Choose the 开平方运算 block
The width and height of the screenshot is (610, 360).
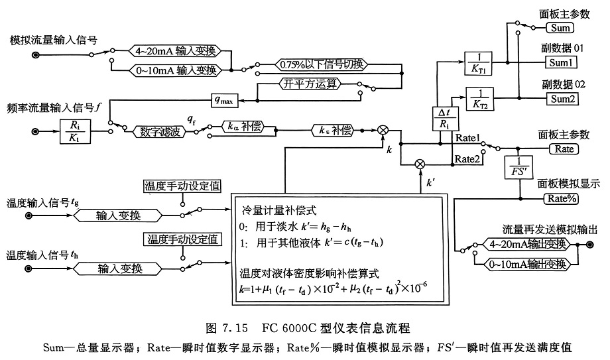tap(320, 84)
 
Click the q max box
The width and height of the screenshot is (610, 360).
tap(225, 100)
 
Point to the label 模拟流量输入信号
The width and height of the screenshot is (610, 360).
tap(50, 40)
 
